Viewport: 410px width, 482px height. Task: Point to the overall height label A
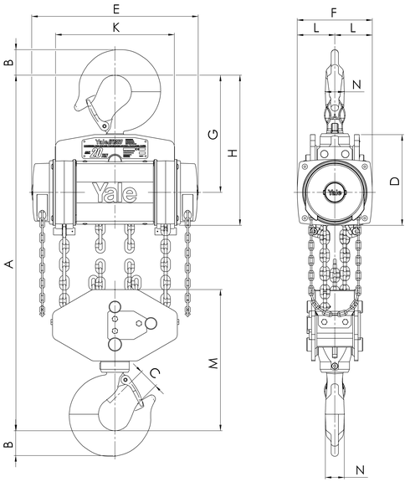coord(9,264)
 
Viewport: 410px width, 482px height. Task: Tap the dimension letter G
coord(213,134)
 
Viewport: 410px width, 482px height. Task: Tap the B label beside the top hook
coord(9,64)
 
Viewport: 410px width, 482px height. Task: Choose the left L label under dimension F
coord(315,28)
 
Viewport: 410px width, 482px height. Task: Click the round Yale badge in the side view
coord(334,192)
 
